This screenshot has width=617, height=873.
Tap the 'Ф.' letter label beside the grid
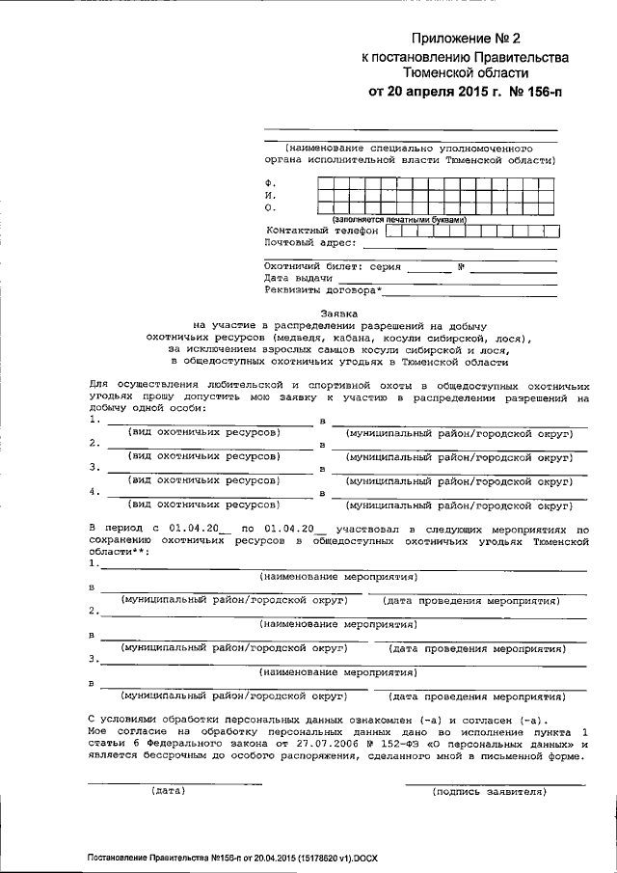[270, 182]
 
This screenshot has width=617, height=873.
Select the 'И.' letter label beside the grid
[270, 195]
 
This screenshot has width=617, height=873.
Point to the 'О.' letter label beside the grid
[270, 207]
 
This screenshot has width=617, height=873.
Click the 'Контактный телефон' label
[322, 232]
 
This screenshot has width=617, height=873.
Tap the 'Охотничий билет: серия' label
[332, 266]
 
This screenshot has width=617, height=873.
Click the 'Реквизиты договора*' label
[322, 289]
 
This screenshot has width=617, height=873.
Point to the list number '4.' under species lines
[94, 491]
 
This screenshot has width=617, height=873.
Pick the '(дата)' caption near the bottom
[168, 791]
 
